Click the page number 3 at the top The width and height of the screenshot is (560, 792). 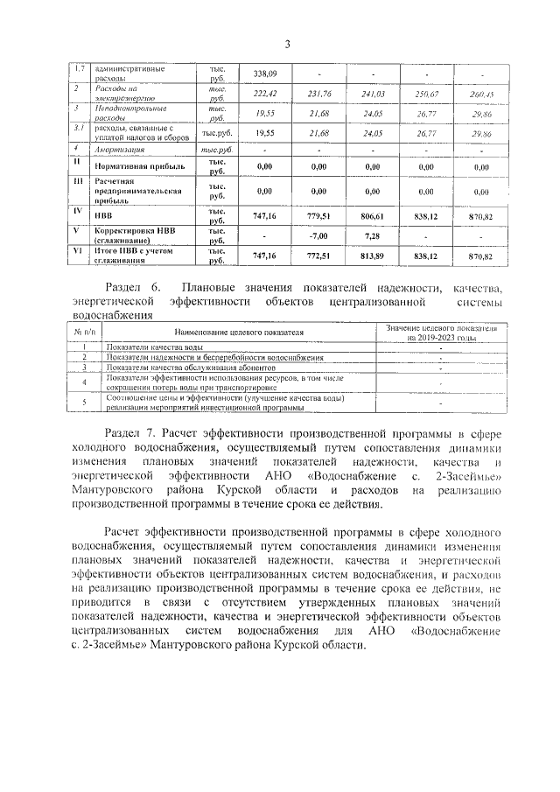[286, 44]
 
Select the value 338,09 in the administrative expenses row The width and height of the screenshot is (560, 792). [264, 74]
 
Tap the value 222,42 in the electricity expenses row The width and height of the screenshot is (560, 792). [264, 94]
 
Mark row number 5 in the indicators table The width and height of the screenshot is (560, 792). [84, 403]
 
